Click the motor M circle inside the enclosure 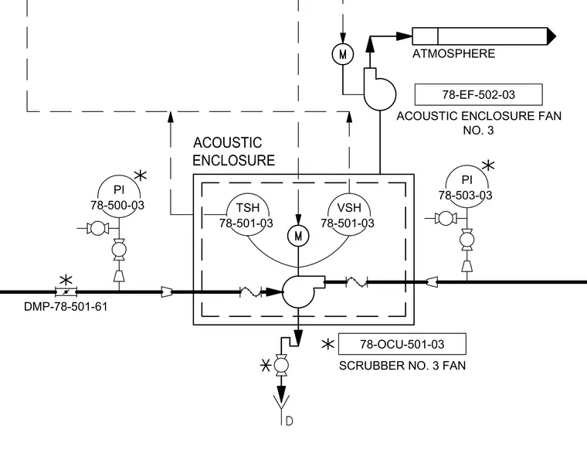[298, 236]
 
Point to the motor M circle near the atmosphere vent [342, 54]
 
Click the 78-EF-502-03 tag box [478, 94]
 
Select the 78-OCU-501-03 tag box [402, 343]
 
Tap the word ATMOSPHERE [453, 53]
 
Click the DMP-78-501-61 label [66, 306]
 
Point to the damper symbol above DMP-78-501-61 [66, 291]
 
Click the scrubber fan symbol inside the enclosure [304, 291]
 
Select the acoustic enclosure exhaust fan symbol [379, 89]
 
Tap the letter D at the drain [290, 421]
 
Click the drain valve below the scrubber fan [281, 365]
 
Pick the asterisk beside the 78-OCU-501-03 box [328, 344]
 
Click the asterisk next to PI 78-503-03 [488, 165]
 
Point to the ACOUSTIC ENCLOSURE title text [233, 152]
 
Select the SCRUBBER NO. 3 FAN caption [402, 366]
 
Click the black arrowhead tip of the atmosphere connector [556, 36]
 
